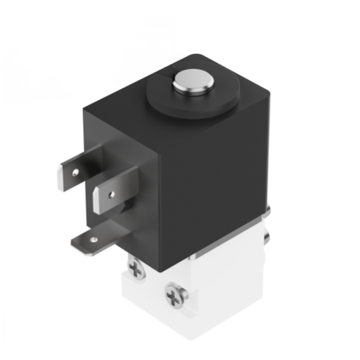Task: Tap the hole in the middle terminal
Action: pos(111,193)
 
